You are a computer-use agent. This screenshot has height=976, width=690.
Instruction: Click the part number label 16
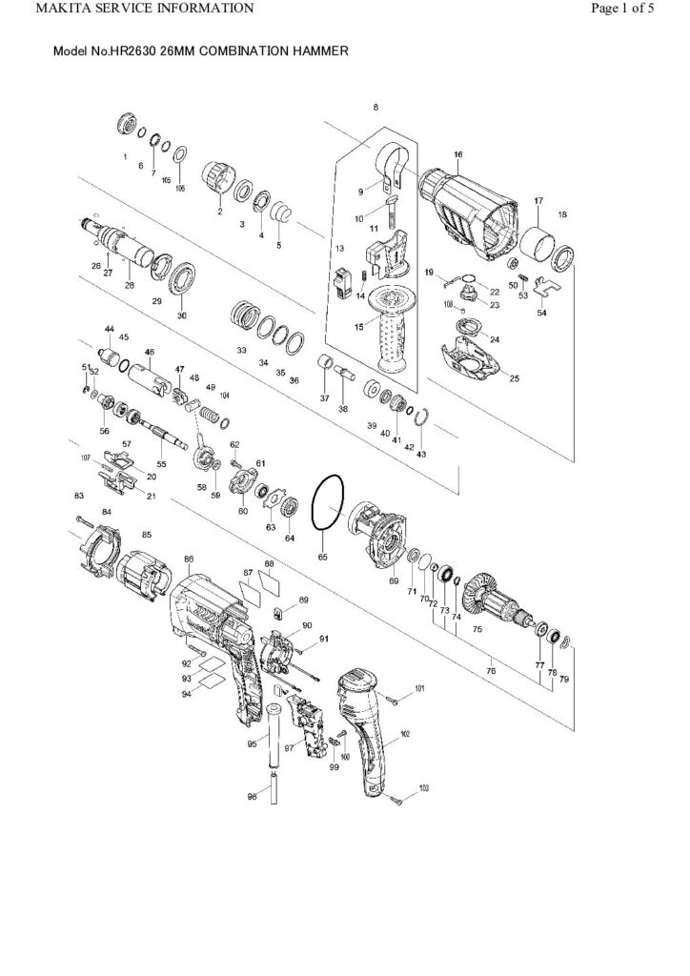pos(458,154)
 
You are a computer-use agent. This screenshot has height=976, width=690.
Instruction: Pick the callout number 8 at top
pos(375,107)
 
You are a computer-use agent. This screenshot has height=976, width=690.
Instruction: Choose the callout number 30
pos(182,315)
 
